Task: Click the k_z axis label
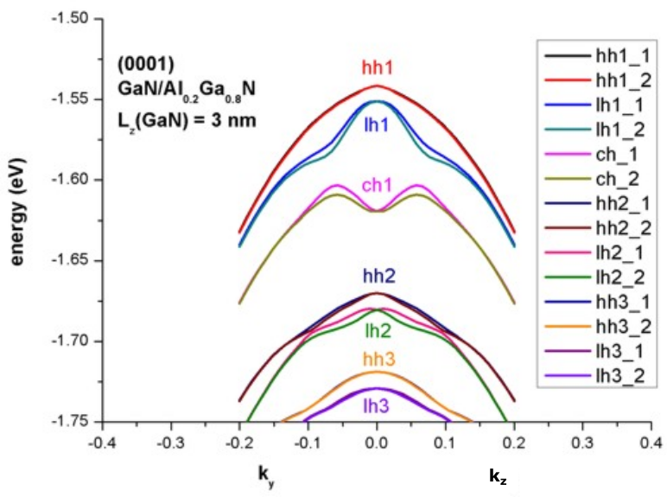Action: pyautogui.click(x=498, y=475)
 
